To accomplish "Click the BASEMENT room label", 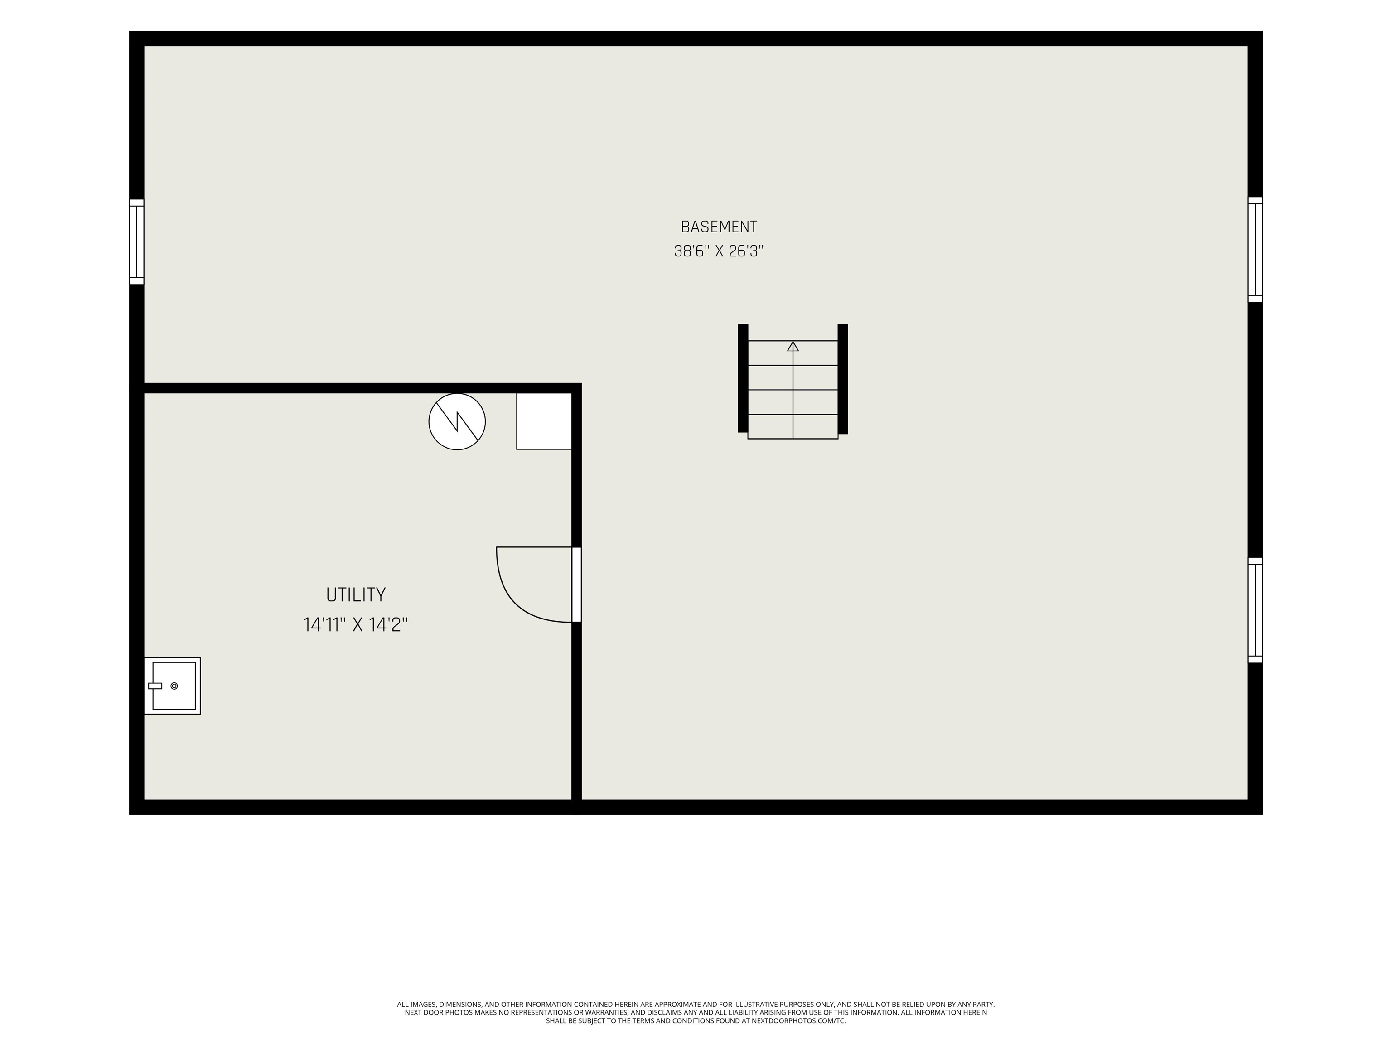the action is click(719, 227).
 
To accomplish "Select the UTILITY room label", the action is click(356, 594).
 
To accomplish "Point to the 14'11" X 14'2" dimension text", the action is click(356, 625).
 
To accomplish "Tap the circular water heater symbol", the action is click(457, 421).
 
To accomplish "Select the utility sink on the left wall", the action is click(173, 686).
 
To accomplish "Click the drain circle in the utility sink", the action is click(174, 686).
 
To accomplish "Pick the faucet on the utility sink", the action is click(155, 686).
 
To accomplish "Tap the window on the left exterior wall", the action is click(136, 242).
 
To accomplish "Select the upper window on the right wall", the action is click(1256, 250).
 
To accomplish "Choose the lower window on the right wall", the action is click(1256, 610).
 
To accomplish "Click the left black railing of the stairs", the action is click(743, 378).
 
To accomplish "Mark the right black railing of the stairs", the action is click(843, 379).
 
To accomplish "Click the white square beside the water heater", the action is click(544, 421).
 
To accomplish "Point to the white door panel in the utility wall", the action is click(576, 585).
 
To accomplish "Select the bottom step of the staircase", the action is click(793, 427).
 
